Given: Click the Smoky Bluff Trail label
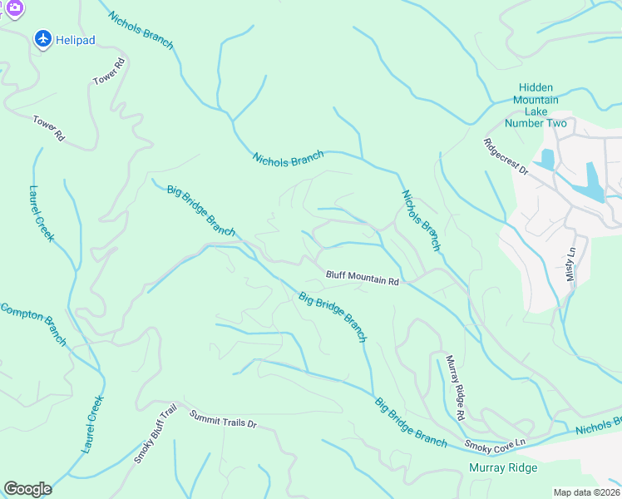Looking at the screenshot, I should (x=156, y=435).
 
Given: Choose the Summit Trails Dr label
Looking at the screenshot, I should (x=223, y=418).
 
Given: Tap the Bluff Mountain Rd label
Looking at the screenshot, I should (x=363, y=277).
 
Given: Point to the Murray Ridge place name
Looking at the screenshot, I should (x=503, y=467).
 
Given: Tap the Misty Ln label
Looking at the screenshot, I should (x=571, y=264).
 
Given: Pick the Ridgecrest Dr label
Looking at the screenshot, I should (x=506, y=156).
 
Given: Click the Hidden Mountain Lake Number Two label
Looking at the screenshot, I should (x=542, y=106).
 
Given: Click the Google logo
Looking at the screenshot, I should (x=27, y=489).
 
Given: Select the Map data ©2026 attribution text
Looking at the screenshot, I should (x=587, y=492).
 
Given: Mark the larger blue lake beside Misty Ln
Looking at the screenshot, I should (x=594, y=183).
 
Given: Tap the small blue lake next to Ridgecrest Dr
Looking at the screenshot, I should (x=547, y=159).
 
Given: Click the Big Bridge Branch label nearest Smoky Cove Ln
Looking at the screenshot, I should (x=411, y=422).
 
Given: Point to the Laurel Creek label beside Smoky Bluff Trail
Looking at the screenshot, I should (x=93, y=423).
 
